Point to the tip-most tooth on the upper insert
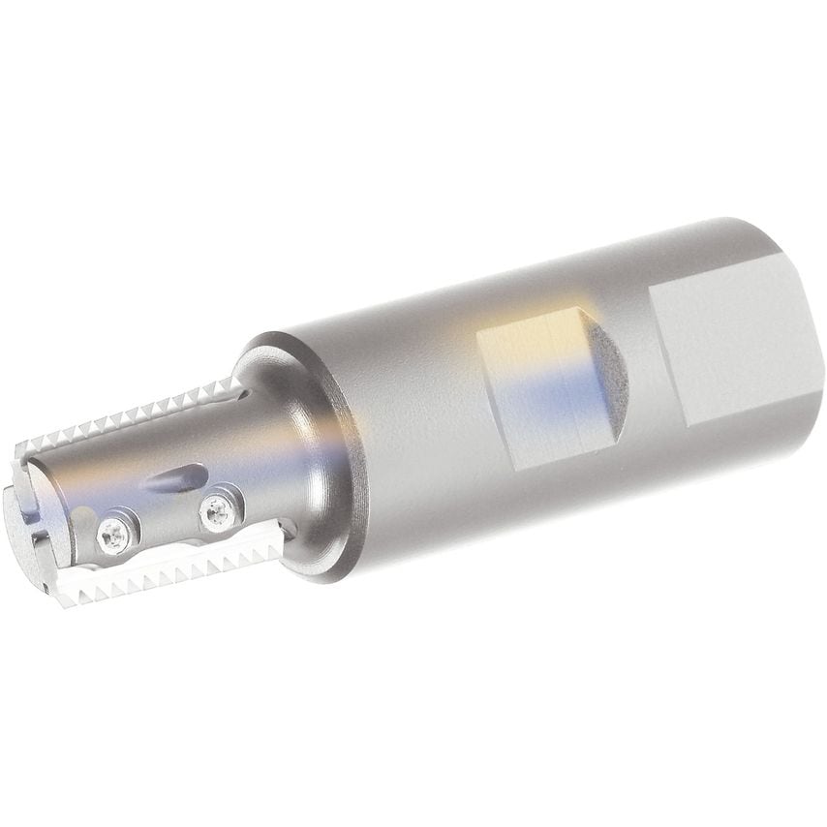(x=29, y=450)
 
